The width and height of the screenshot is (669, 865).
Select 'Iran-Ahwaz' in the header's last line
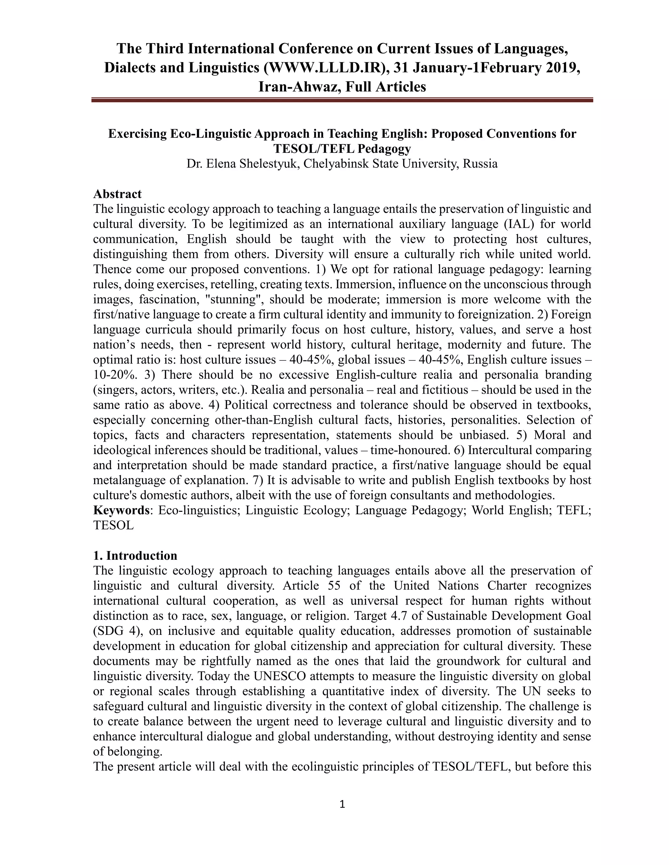click(297, 86)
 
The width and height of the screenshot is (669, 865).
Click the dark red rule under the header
click(342, 101)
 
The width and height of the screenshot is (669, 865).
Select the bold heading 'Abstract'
click(117, 194)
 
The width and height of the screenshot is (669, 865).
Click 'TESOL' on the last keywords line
click(113, 525)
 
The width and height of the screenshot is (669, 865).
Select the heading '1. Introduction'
click(135, 556)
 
